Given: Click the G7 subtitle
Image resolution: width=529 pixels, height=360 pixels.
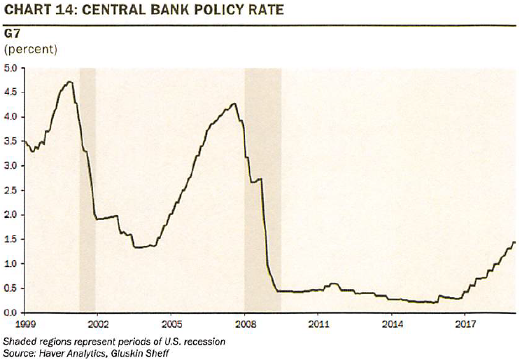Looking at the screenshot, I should (12, 34).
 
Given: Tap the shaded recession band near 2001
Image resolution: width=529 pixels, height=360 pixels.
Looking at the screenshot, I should (87, 189).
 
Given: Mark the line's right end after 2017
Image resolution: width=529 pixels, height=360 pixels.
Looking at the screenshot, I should (515, 242).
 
